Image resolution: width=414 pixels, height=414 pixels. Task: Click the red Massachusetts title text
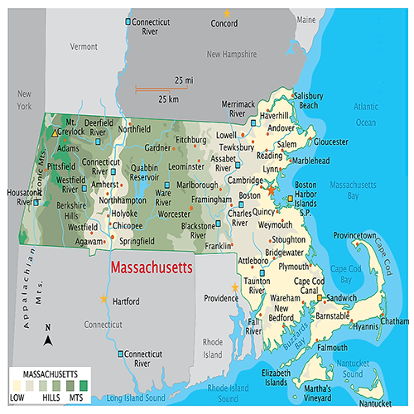tap(152, 268)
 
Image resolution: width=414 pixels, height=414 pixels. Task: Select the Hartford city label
tap(126, 301)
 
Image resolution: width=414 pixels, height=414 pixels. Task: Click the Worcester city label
tap(175, 214)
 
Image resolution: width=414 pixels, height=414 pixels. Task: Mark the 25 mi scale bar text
tap(184, 79)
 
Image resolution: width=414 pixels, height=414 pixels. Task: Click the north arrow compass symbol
tap(49, 336)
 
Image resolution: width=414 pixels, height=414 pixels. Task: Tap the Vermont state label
tap(84, 47)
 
